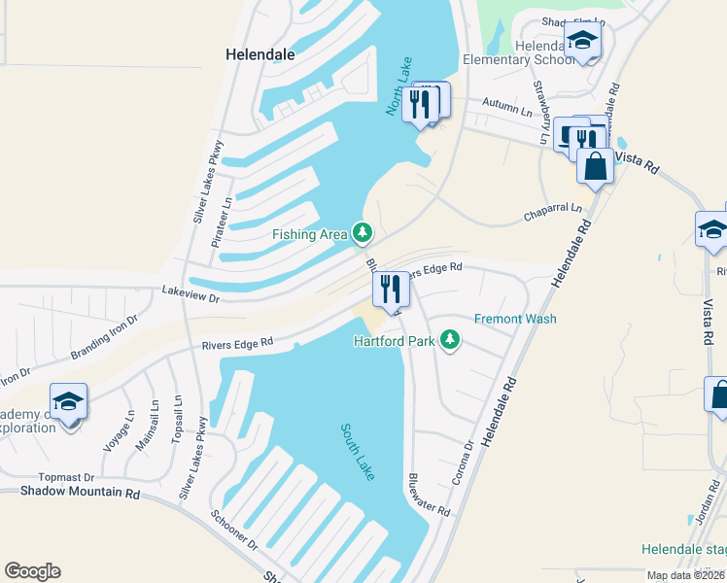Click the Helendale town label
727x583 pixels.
pos(260,54)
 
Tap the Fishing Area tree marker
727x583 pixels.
pos(363,232)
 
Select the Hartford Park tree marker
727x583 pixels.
pos(449,340)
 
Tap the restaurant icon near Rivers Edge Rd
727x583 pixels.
pos(390,289)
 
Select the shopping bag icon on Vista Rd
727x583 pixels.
pos(596,167)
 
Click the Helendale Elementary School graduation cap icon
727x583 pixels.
pos(582,41)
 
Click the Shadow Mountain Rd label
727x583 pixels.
pos(81,493)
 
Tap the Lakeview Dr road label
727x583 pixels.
pos(191,290)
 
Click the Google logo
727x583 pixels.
pos(32,571)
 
